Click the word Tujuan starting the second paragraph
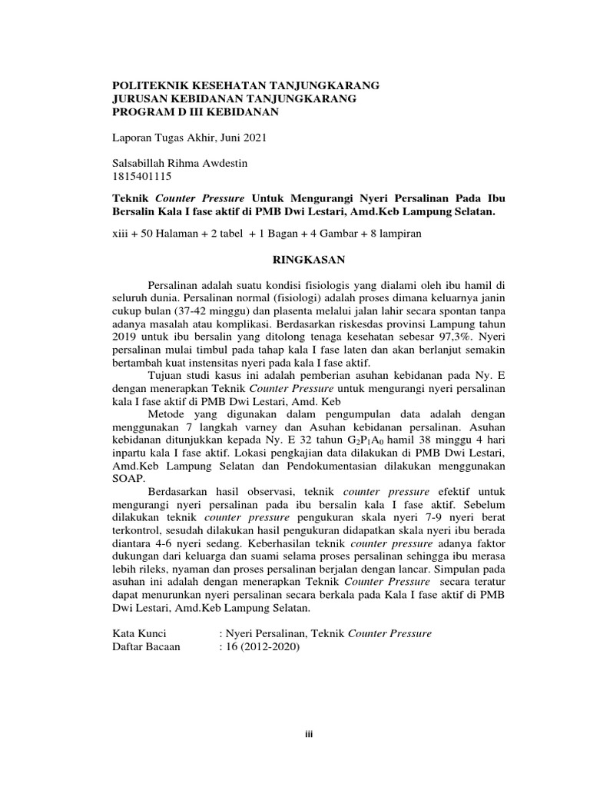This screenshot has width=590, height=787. pos(171,376)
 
